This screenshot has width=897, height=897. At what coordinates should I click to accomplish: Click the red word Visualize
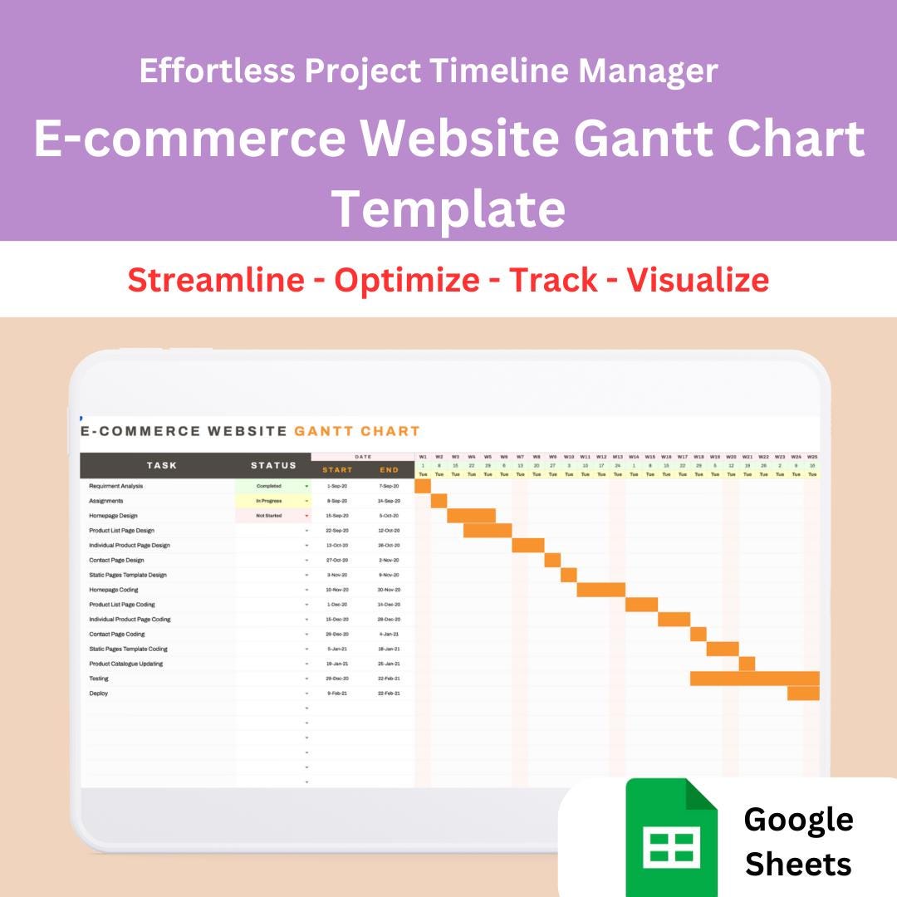698,280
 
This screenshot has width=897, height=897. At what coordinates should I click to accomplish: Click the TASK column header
161,465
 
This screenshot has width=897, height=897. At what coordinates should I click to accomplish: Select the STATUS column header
273,465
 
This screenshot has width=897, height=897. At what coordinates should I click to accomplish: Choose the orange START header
337,470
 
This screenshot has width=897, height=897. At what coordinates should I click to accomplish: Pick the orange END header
389,470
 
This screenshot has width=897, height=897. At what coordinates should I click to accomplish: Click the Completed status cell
269,486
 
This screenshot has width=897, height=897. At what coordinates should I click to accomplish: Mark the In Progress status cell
269,501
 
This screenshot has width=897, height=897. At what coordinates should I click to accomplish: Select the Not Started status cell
269,516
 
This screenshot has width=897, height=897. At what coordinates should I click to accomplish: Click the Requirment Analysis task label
116,486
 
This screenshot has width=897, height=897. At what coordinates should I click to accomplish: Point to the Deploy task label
99,694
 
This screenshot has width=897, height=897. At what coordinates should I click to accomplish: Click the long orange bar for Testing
754,679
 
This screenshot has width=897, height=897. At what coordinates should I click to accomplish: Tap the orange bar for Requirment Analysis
423,486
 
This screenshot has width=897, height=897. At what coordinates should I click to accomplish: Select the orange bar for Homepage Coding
600,590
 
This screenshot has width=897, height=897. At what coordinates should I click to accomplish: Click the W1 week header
423,457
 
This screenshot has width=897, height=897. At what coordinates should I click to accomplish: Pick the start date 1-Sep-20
337,486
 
